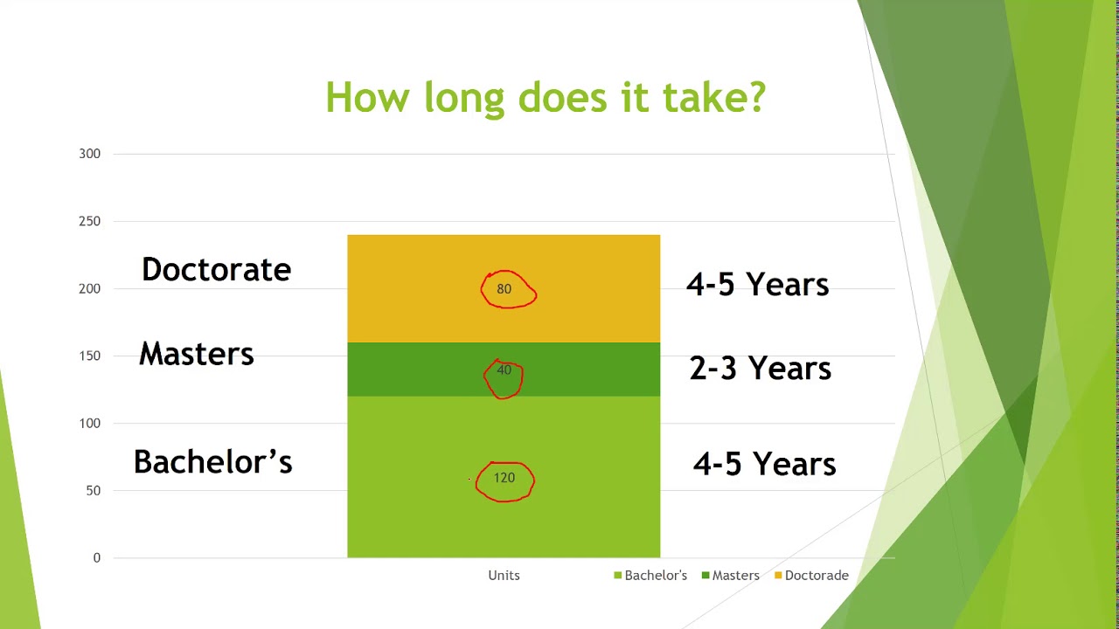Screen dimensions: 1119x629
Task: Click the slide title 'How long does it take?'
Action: pos(546,98)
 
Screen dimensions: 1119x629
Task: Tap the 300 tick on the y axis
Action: pos(89,154)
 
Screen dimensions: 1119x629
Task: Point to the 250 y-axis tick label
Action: pos(89,221)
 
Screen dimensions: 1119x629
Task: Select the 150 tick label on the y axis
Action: pos(89,356)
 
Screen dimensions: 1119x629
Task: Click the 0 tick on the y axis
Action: pos(97,558)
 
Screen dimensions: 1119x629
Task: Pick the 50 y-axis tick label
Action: pos(93,491)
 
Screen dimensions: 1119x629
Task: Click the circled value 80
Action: pos(504,289)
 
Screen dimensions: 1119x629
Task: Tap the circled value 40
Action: pos(504,370)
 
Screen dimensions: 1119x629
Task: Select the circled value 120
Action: pos(504,478)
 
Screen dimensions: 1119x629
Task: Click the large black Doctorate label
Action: pos(216,270)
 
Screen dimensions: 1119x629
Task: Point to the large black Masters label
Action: pos(197,354)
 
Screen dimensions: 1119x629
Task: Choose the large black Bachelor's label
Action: pos(212,462)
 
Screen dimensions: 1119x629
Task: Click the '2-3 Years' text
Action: pos(761,369)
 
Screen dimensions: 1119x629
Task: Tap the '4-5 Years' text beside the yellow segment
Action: pos(757,285)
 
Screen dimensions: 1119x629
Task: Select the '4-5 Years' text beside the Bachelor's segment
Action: pos(764,464)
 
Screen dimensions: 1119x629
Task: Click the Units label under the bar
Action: pos(504,576)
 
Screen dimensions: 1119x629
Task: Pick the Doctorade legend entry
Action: pos(812,576)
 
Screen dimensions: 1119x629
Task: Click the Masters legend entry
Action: pos(731,576)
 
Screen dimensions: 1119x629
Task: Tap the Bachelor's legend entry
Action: pos(650,576)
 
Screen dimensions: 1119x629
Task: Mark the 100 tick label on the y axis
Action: pos(89,424)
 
